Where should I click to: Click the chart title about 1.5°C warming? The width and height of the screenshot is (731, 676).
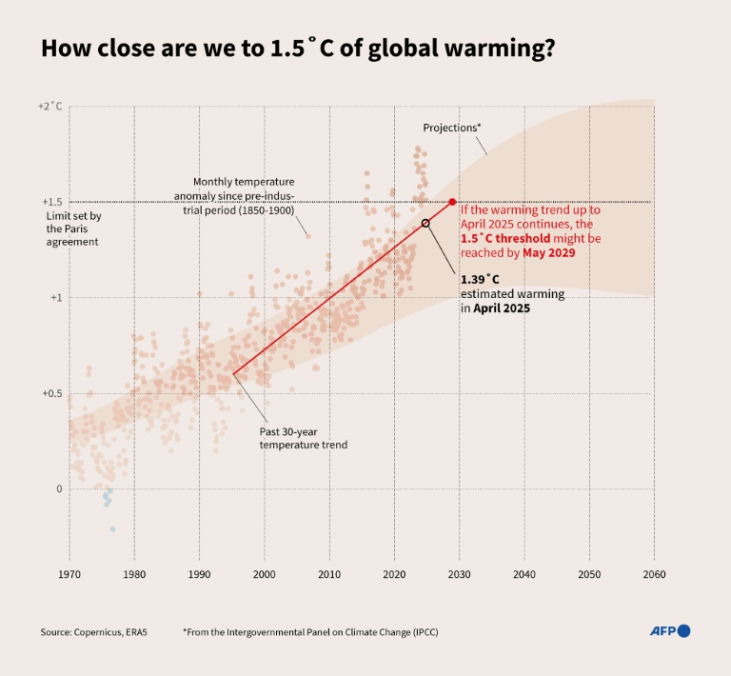pos(297,50)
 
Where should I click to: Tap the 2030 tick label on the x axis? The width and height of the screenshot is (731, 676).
pos(459,574)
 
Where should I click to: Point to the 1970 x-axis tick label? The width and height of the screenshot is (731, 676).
pos(69,574)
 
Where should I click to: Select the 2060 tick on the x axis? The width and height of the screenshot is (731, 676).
pos(654,574)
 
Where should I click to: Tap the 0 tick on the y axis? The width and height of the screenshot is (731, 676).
pos(58,488)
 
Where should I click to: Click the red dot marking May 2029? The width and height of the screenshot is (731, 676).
pos(452,202)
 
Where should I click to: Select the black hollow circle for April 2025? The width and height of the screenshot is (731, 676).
pos(425,223)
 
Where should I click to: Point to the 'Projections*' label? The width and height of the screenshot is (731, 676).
pos(451,128)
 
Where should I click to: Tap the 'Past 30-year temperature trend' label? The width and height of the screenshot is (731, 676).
pos(304,438)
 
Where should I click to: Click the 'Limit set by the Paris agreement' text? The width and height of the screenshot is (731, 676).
pos(73,229)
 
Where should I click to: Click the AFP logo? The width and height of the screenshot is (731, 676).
pos(669,630)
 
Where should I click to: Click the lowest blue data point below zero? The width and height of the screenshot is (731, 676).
pos(112,529)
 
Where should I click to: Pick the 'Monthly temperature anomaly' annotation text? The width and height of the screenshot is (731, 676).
pos(244,195)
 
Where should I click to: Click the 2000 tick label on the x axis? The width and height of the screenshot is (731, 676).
pos(264,574)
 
